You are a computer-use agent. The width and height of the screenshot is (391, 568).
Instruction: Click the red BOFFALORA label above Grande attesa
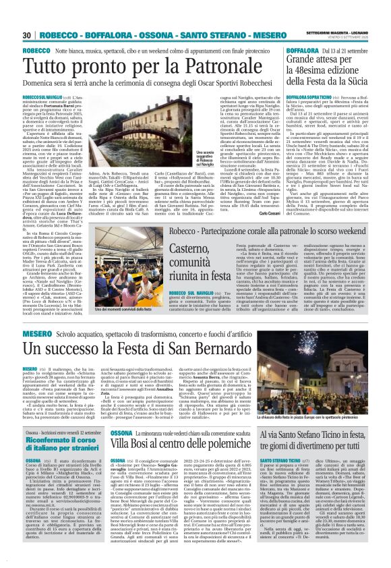pyautogui.click(x=288, y=51)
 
